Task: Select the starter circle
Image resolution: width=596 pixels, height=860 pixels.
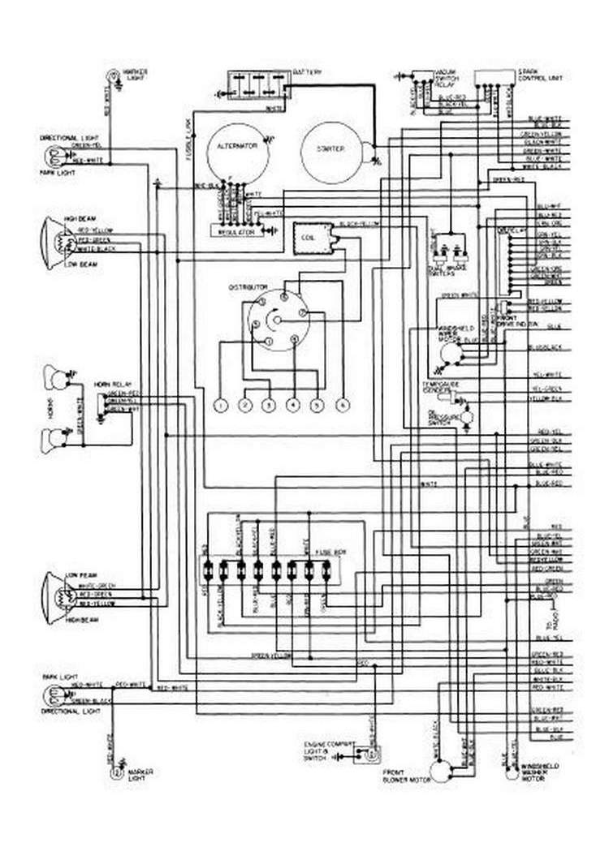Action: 332,151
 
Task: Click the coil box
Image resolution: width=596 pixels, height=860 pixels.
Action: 309,239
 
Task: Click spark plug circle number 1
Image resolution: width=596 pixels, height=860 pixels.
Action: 219,405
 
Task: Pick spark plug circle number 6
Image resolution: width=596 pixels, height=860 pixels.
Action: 343,404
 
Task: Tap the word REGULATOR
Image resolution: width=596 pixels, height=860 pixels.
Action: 237,231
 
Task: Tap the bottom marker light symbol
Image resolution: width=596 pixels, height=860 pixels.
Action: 115,773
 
